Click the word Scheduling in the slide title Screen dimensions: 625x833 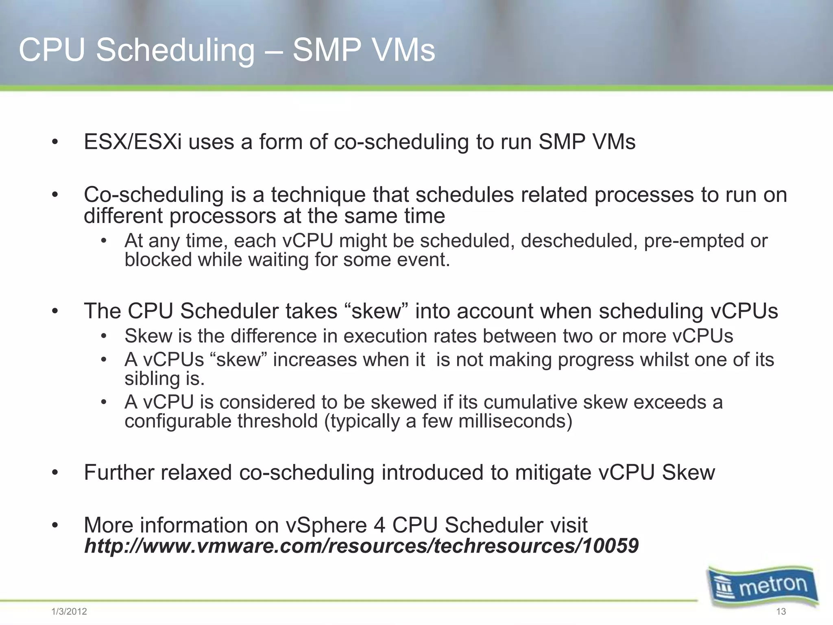tap(175, 50)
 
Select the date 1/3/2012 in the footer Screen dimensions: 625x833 tap(69, 612)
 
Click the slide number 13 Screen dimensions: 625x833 tap(781, 612)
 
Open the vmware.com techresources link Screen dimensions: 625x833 tap(361, 546)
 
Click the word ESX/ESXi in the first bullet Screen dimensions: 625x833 tap(133, 142)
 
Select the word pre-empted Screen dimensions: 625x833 tap(694, 241)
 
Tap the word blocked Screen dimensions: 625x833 tap(158, 260)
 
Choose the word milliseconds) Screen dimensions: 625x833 tap(515, 421)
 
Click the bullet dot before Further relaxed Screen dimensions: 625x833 tap(55, 473)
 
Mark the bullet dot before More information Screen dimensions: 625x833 tap(55, 526)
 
